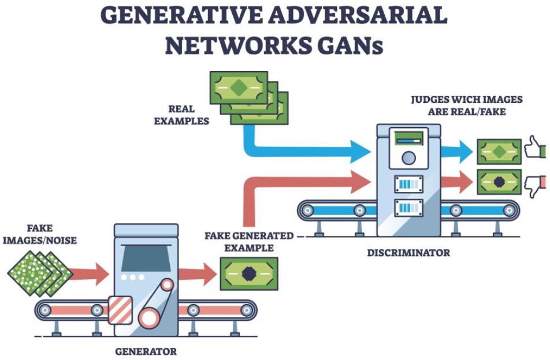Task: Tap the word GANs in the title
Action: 352,46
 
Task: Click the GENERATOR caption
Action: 146,351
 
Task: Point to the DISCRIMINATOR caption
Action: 408,253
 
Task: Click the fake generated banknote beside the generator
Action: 249,273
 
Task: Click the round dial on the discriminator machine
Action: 408,158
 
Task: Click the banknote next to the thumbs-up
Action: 499,151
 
